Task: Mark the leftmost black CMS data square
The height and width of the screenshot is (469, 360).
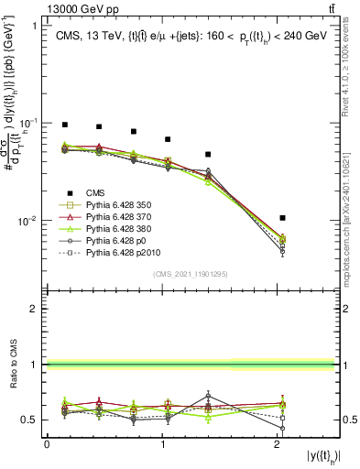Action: click(65, 125)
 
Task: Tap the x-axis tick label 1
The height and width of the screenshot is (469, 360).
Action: click(163, 444)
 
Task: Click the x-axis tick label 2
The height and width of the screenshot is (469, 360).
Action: click(279, 444)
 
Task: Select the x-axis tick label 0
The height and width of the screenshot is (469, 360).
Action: click(47, 444)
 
